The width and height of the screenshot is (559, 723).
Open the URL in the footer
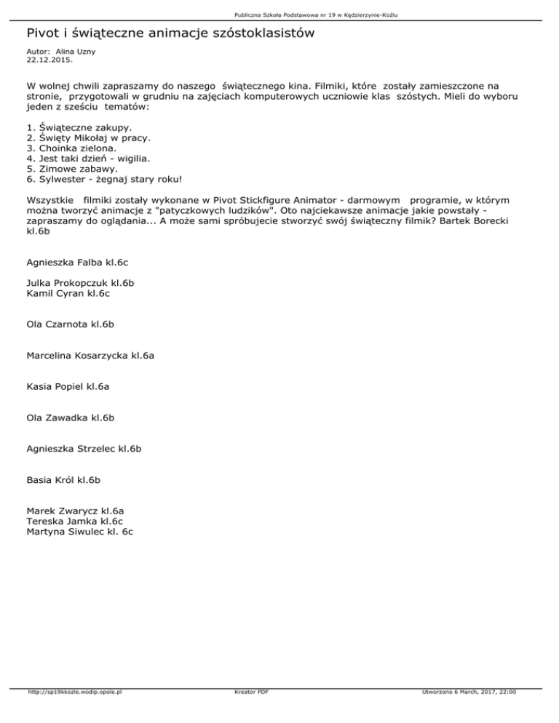[x=73, y=692]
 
